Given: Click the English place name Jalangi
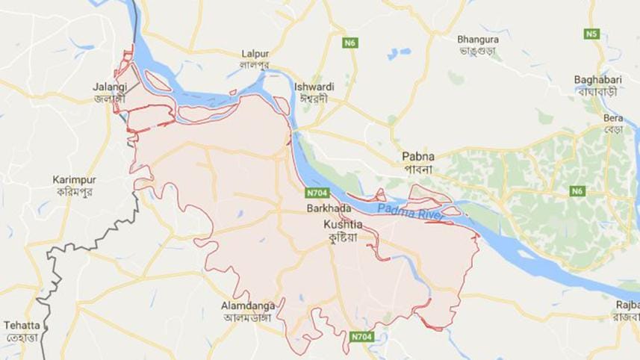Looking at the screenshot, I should coord(110,87).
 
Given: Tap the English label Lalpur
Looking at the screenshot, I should coord(255,54).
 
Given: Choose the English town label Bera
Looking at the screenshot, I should coord(613,119).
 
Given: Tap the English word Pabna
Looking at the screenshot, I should coord(417,156).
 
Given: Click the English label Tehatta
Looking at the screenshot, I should coord(21,326).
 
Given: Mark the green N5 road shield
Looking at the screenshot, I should coord(592,34).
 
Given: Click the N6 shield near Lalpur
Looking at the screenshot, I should coord(350,43).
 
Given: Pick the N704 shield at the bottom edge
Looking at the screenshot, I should coord(361,338).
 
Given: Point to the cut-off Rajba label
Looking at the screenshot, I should coord(627,305).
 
